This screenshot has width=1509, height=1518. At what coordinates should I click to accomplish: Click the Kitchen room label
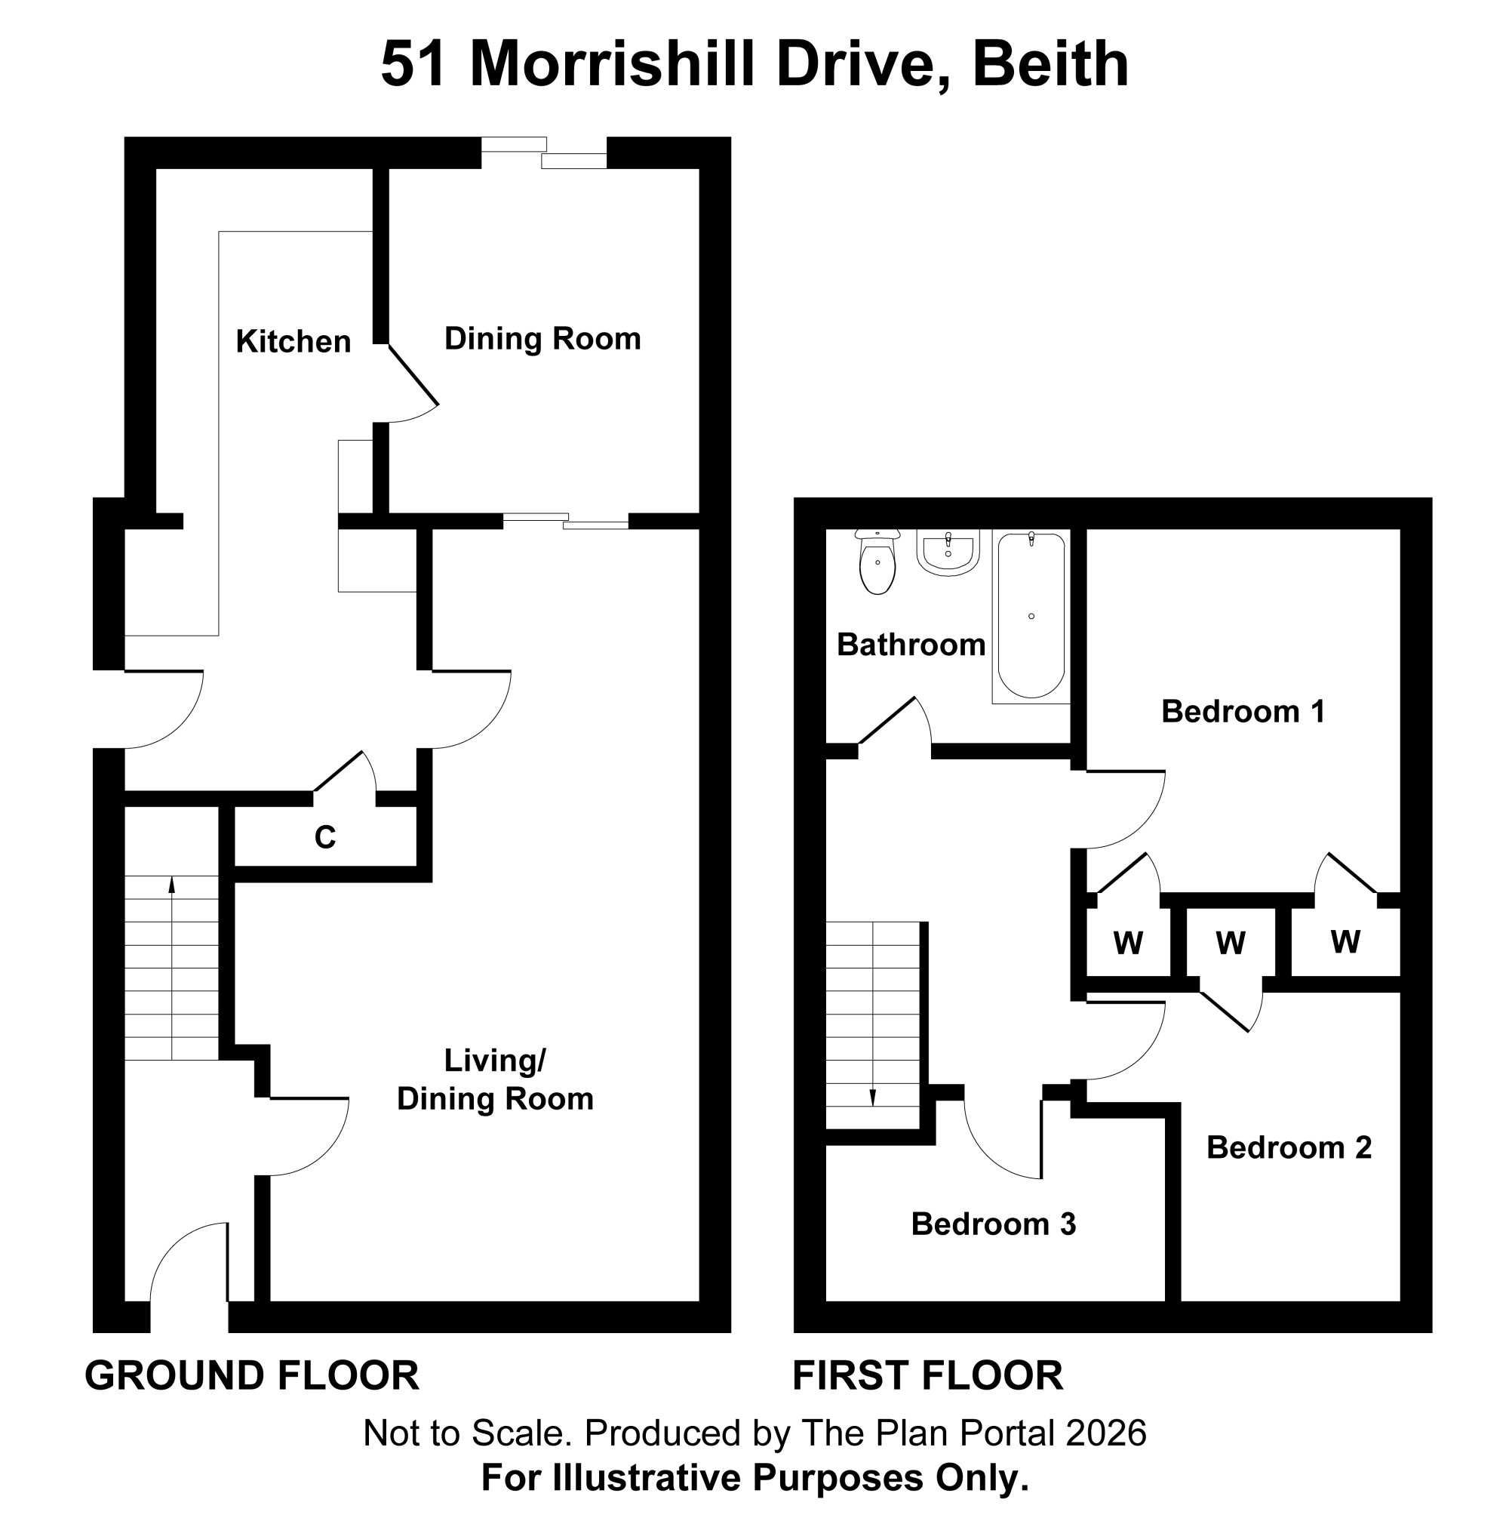coord(293,342)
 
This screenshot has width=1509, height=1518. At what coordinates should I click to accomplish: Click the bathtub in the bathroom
coord(1031,616)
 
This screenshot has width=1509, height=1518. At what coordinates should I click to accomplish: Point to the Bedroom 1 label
coord(1243,711)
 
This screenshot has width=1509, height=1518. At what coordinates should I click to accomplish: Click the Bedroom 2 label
coord(1289,1147)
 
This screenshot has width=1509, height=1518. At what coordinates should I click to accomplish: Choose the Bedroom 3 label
coord(994,1224)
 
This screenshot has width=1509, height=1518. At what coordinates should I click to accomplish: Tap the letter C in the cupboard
coord(325,838)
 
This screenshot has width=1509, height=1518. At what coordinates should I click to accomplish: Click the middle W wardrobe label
coord(1230,942)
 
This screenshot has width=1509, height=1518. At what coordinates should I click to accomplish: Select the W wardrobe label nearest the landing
coord(1128,942)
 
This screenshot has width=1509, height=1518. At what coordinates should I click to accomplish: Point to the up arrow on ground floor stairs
coord(171,967)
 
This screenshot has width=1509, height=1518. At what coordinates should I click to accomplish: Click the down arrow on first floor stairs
coord(872,1015)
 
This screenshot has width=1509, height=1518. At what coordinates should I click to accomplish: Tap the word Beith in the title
coord(1050,63)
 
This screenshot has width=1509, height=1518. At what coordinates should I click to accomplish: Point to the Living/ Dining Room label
coord(495,1079)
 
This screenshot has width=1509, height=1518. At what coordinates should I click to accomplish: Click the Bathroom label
coord(911,645)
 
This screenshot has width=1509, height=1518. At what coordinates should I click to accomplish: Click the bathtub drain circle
coord(1031,616)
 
